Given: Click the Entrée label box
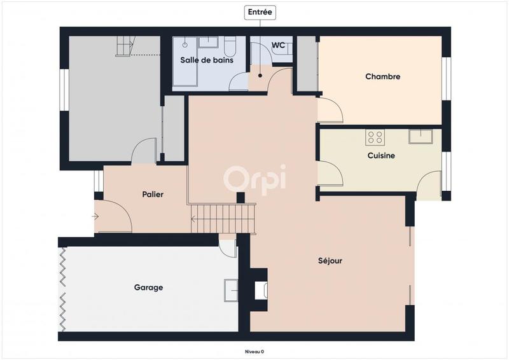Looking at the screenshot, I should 260,12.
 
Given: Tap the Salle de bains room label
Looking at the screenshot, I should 207,60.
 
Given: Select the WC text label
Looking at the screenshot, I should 278,45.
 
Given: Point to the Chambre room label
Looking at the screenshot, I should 382,76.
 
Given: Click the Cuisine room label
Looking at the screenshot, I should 381,155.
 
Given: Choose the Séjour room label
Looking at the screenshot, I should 330,261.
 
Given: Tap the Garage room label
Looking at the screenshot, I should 148,287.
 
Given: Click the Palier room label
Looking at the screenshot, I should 153,195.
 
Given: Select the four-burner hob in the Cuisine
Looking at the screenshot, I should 375,137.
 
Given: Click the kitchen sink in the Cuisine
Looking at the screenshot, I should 421,136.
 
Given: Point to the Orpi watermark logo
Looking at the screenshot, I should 254,179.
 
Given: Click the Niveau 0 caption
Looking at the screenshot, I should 254,351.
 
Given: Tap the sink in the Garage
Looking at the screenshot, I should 230,290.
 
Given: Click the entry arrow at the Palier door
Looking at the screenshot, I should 95,217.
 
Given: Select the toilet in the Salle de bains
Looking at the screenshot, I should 230,46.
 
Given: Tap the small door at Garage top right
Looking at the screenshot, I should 227,247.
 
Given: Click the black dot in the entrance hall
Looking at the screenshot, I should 260,76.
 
